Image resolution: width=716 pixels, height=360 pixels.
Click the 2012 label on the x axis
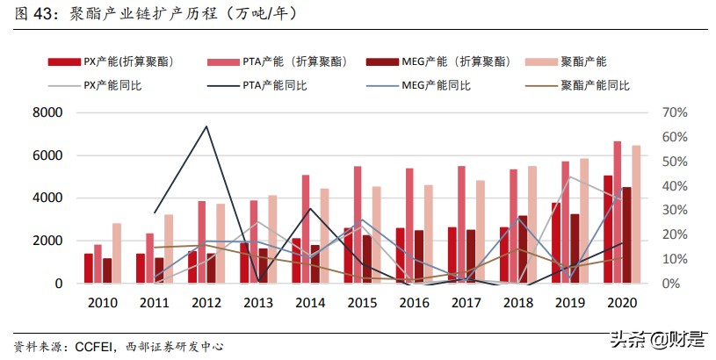click(x=206, y=302)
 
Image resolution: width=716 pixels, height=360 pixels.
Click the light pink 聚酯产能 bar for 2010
click(x=118, y=253)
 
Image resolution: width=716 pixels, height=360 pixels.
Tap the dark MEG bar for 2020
click(x=626, y=235)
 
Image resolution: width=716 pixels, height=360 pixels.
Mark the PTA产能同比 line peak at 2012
click(x=206, y=126)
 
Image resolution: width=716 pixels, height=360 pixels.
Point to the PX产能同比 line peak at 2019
click(x=569, y=176)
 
